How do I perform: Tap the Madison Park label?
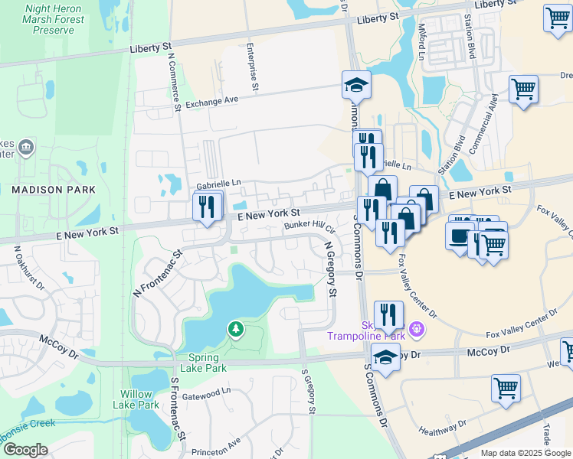coord(53,189)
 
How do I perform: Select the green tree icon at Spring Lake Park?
coord(236,329)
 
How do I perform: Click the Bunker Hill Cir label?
coord(310,226)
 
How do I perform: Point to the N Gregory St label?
coord(330,270)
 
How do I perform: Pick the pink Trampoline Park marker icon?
coord(417,330)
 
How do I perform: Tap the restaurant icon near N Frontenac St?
coord(207,207)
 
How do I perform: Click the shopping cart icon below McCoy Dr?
coord(506,387)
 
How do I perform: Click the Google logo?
coord(25,451)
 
